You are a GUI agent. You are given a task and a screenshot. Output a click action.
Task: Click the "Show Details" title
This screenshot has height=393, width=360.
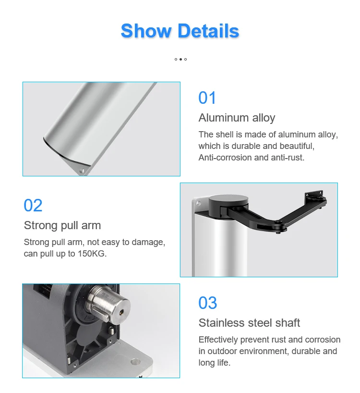tap(180, 31)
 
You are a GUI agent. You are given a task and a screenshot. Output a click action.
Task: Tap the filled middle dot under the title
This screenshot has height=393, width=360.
tap(180, 59)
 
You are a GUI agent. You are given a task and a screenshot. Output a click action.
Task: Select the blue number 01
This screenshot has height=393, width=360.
tap(207, 98)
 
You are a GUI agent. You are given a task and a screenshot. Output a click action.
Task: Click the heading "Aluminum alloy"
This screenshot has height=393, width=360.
tap(237, 118)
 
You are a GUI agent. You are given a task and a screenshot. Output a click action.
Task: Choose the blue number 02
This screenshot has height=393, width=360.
tap(33, 206)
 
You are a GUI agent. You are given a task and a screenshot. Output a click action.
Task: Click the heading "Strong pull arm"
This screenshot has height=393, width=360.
tap(62, 225)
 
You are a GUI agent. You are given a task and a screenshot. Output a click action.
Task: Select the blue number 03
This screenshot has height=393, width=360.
tap(207, 303)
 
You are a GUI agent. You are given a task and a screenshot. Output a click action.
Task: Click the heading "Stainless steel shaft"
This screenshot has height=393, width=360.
tap(249, 323)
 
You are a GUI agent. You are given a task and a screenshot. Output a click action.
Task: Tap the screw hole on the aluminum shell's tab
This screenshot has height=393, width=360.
tap(82, 171)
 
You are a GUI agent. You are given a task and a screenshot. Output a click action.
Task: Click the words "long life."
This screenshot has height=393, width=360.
tap(215, 363)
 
